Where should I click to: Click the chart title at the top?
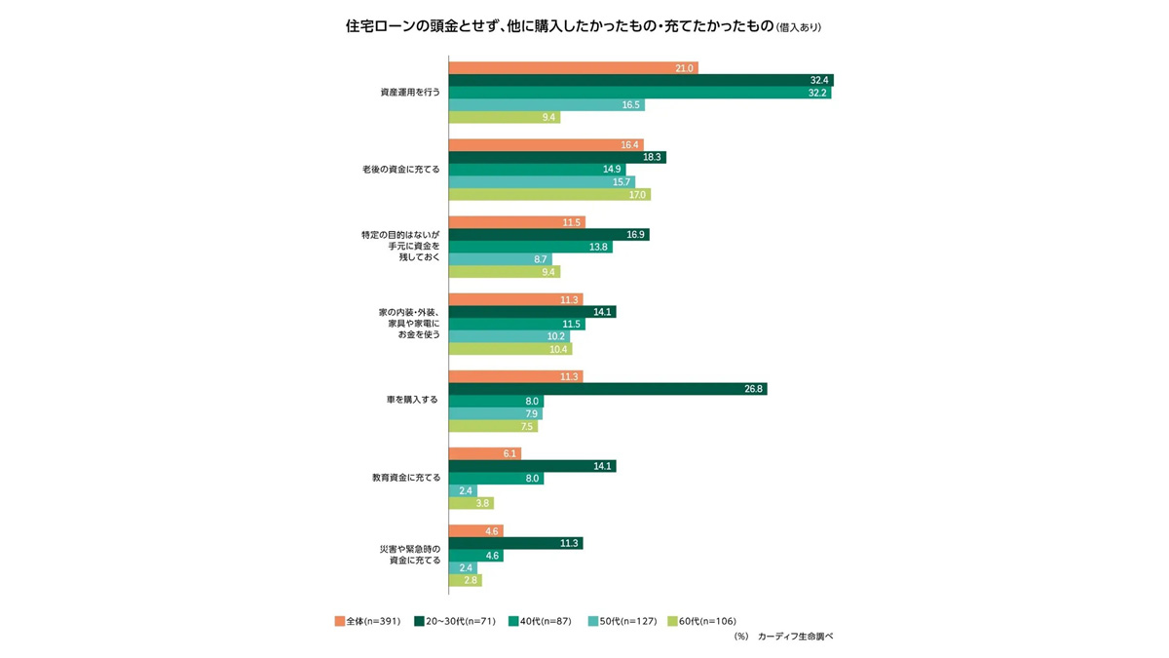[x=584, y=26]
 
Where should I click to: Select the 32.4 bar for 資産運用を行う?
[x=640, y=80]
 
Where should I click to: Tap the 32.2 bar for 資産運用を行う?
[x=639, y=93]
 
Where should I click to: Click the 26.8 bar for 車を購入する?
[x=607, y=389]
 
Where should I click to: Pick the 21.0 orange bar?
[x=573, y=68]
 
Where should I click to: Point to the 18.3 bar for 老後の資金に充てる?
[x=556, y=157]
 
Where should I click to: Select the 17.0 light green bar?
[x=548, y=194]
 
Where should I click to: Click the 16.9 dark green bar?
[x=548, y=235]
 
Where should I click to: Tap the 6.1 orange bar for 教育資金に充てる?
[x=484, y=453]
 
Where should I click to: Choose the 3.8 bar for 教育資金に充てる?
[x=471, y=503]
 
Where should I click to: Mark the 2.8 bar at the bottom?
[x=465, y=580]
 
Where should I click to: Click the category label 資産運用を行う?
[x=410, y=93]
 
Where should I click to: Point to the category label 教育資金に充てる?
[x=406, y=478]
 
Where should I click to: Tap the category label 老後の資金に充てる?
[x=401, y=170]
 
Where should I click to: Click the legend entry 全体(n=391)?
[x=367, y=621]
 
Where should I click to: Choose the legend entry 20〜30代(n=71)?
[x=454, y=621]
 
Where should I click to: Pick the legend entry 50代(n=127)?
[x=623, y=621]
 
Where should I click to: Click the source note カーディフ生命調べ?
[x=795, y=636]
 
